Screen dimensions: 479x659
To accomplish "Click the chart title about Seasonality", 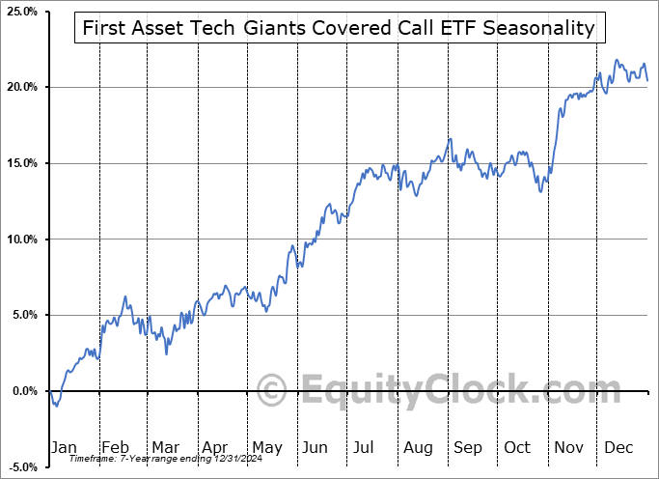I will [x=339, y=28].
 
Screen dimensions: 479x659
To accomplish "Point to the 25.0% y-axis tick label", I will [x=20, y=12].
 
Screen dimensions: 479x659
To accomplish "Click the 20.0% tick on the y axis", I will [x=20, y=88].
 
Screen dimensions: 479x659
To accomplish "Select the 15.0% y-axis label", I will [x=20, y=163].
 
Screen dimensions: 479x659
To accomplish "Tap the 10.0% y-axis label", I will [x=20, y=239].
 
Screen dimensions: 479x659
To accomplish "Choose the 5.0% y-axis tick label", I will [x=22, y=315].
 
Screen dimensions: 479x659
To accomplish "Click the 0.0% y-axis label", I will [x=22, y=391].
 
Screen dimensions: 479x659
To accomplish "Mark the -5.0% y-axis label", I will [x=20, y=467].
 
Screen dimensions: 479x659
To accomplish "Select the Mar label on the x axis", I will [x=166, y=447].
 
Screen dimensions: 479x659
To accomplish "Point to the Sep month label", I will [x=468, y=447].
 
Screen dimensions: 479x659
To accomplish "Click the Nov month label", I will [x=569, y=447].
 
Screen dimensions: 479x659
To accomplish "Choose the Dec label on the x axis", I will [x=619, y=447].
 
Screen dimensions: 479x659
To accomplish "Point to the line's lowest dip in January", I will [x=57, y=406].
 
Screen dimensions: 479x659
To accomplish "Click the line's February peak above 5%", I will [x=124, y=297].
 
